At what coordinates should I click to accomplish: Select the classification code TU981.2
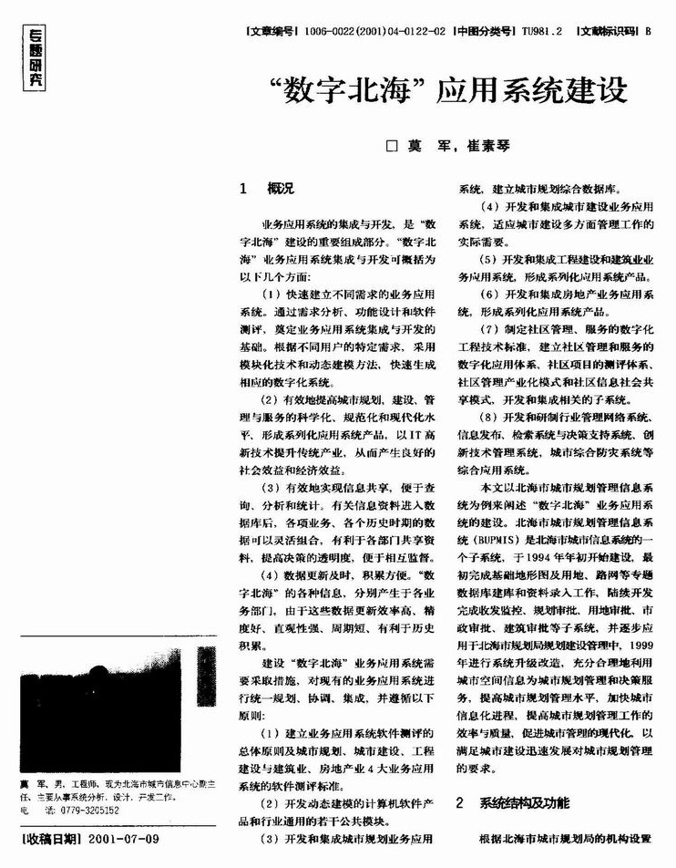pyautogui.click(x=544, y=29)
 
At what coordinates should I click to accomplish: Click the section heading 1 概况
pyautogui.click(x=266, y=189)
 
